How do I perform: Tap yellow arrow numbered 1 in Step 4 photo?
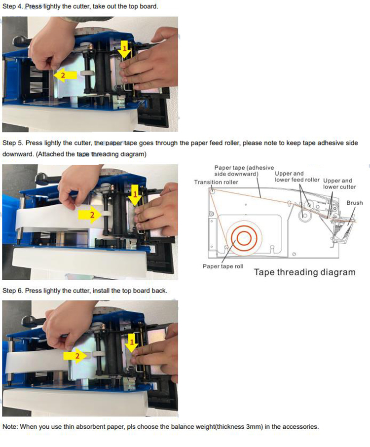click(124, 49)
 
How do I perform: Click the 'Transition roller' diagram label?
click(216, 182)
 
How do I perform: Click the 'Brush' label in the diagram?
click(354, 203)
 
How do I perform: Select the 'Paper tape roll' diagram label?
click(223, 266)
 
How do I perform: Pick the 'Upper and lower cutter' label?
click(338, 184)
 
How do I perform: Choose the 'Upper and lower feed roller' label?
click(297, 177)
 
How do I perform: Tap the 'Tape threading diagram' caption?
click(304, 272)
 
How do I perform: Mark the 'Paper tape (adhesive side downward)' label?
click(244, 171)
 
